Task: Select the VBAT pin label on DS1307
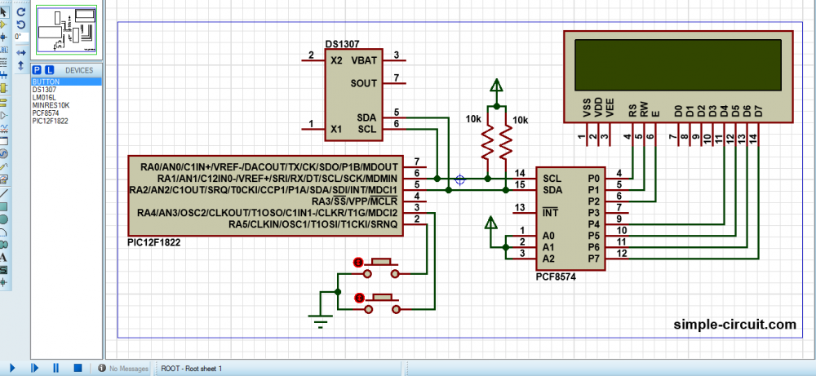pyautogui.click(x=363, y=60)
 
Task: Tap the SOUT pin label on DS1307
pyautogui.click(x=363, y=83)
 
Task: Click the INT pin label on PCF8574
pyautogui.click(x=551, y=213)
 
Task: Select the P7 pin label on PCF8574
pyautogui.click(x=593, y=259)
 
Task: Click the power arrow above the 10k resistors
pyautogui.click(x=495, y=87)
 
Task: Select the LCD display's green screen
pyautogui.click(x=677, y=61)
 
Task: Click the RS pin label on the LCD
pyautogui.click(x=632, y=109)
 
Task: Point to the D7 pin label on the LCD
pyautogui.click(x=758, y=109)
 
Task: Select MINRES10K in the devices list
pyautogui.click(x=51, y=104)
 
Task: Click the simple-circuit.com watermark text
pyautogui.click(x=734, y=325)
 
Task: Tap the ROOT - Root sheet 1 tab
pyautogui.click(x=192, y=369)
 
